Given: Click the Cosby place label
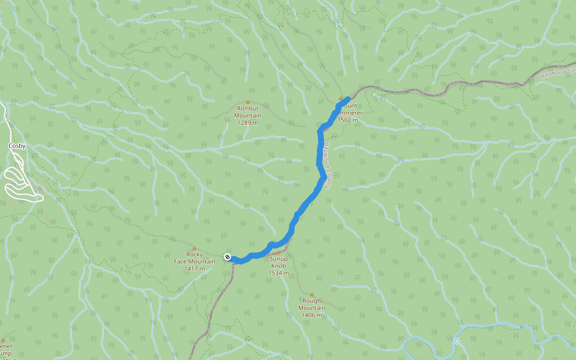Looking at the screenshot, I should pyautogui.click(x=17, y=146).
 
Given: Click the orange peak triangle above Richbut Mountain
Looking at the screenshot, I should pyautogui.click(x=248, y=102).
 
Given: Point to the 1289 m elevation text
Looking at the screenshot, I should pyautogui.click(x=248, y=122).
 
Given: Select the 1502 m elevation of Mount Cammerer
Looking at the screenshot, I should pyautogui.click(x=348, y=120).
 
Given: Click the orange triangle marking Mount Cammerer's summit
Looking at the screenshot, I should pyautogui.click(x=341, y=98).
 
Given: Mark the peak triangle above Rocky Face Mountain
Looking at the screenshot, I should pyautogui.click(x=194, y=248).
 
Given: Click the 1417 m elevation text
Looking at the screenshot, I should pyautogui.click(x=194, y=268).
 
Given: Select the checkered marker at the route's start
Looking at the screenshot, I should pyautogui.click(x=227, y=257).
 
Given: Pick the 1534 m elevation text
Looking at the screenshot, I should pyautogui.click(x=278, y=273).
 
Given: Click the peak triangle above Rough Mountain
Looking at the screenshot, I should pyautogui.click(x=312, y=295).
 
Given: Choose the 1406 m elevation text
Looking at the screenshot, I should pyautogui.click(x=312, y=315).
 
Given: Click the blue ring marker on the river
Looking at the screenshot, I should pyautogui.click(x=457, y=341).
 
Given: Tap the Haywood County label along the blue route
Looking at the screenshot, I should pyautogui.click(x=325, y=166).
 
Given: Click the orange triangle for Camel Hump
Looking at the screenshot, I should pyautogui.click(x=3, y=340).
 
